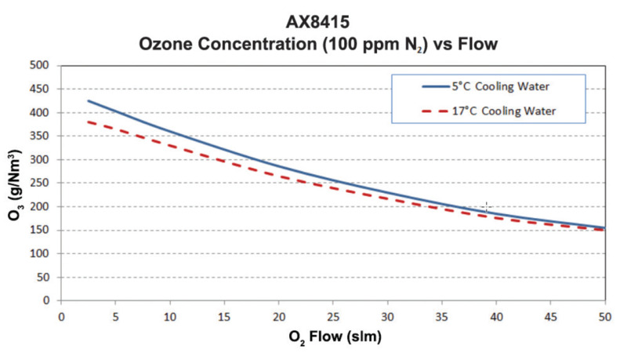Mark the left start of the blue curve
(x=88, y=100)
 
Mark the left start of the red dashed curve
(x=88, y=122)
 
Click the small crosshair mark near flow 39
(x=486, y=207)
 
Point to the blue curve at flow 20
(x=278, y=166)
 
